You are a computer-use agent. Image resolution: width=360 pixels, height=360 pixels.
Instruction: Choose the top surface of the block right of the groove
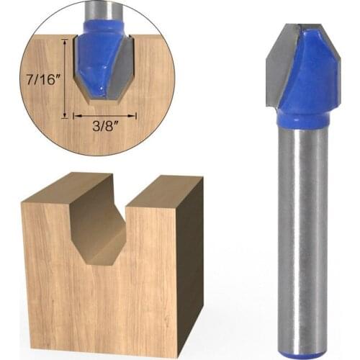pos(163,189)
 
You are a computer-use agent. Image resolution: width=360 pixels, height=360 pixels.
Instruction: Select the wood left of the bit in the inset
pos(50,101)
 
